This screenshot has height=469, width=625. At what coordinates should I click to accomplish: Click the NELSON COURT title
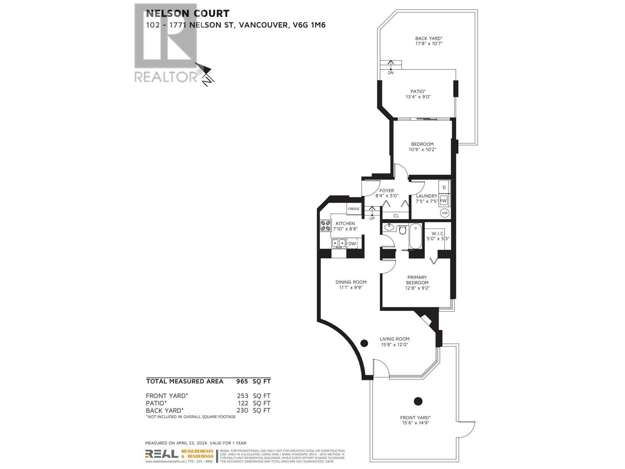pos(187,13)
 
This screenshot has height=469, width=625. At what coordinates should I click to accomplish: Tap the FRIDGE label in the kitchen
pos(354,209)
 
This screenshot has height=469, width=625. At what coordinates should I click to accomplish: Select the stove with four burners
pos(325,226)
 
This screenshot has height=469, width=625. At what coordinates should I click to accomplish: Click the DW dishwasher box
pos(352,243)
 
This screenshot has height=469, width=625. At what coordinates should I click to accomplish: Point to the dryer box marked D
pos(444,187)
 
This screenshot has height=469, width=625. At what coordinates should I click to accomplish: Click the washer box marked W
pos(444,200)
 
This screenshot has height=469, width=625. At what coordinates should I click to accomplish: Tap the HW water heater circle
pos(445,213)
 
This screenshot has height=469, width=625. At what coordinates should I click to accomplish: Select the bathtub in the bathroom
pos(415,236)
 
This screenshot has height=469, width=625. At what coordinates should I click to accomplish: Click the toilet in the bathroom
pos(403,229)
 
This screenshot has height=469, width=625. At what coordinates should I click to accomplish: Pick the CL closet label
pos(396,216)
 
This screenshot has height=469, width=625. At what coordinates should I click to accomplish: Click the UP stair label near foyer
pos(372,218)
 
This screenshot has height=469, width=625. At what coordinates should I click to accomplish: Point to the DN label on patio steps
pos(391,73)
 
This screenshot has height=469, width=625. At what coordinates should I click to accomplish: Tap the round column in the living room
pos(364,343)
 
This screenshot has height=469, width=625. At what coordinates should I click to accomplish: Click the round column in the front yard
pos(418,401)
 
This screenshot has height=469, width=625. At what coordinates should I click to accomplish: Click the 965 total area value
pos(242,381)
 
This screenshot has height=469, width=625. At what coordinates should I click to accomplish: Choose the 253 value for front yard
pos(242,396)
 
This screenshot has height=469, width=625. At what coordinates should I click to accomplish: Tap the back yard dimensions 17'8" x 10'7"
pos(429,44)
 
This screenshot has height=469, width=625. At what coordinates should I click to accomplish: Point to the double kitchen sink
pos(339,243)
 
